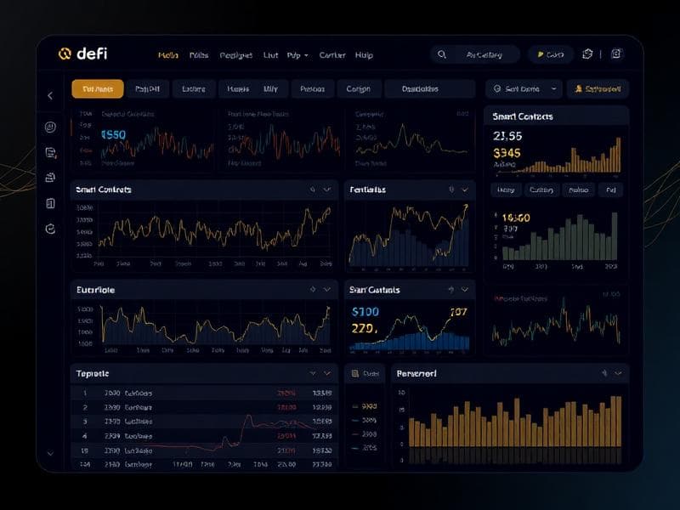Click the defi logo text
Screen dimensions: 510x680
tap(92, 54)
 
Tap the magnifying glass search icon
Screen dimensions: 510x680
tap(441, 54)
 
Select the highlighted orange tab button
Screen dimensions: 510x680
tap(98, 88)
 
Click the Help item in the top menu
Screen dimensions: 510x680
tap(364, 55)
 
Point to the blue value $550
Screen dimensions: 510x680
tap(113, 134)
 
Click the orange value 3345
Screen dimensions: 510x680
tap(507, 153)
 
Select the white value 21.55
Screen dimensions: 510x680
tap(507, 136)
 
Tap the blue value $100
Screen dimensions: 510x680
tap(365, 312)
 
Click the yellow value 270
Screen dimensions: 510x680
tap(364, 328)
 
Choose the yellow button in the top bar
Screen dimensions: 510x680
tap(550, 54)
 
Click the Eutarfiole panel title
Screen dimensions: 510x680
tap(95, 290)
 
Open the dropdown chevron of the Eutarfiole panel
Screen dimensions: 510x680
tap(326, 290)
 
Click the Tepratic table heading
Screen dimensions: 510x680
tap(93, 373)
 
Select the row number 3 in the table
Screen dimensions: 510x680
tap(85, 421)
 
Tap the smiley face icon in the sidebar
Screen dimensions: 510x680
tap(50, 127)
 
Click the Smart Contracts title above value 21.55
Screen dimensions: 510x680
tap(523, 116)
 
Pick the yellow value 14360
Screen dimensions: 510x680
tap(512, 218)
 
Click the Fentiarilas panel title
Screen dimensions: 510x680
tap(367, 190)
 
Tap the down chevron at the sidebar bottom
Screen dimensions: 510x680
tap(50, 454)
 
